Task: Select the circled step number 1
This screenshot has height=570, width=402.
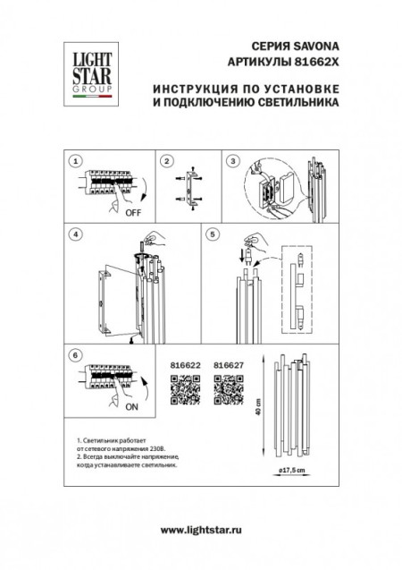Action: (77, 162)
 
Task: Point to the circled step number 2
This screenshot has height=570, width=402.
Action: (167, 162)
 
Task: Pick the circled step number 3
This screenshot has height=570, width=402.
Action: (233, 162)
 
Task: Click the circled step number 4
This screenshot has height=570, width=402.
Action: (77, 234)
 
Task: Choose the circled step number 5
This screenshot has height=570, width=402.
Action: (212, 234)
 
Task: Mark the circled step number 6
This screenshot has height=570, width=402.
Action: (77, 355)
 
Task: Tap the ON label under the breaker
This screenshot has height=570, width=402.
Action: (131, 407)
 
